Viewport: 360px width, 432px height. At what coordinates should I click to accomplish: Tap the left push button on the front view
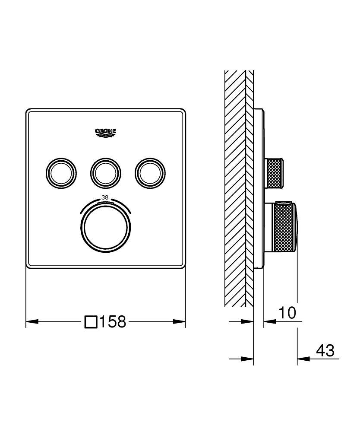pos(60,173)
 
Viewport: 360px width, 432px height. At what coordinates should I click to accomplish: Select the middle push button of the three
pos(105,173)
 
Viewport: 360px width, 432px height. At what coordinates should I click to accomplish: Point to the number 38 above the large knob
pos(105,197)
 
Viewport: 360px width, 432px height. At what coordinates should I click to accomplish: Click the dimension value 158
pos(113,321)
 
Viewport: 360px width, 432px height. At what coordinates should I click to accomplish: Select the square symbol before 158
pos(91,322)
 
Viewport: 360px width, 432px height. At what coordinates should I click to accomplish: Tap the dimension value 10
pos(287,313)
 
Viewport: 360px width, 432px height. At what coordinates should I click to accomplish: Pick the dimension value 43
pos(325,350)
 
